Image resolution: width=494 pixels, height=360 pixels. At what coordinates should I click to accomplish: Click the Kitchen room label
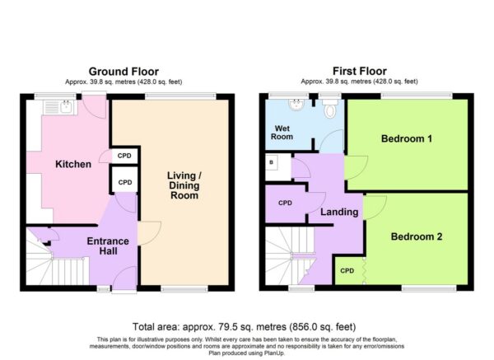click(73, 164)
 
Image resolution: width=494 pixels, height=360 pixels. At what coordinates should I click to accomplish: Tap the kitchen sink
click(60, 107)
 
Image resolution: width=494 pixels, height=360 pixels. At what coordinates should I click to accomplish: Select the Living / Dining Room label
click(184, 185)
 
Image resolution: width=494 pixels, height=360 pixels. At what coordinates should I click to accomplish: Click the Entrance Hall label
click(108, 245)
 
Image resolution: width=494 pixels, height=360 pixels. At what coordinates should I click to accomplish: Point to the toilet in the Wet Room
click(330, 108)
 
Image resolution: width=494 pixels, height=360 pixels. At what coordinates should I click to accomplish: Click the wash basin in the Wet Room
click(296, 105)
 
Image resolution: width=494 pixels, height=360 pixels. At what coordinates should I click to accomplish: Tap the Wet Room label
click(282, 133)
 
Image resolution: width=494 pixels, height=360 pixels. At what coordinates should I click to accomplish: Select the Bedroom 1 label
click(407, 138)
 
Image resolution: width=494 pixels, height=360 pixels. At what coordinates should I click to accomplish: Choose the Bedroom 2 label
click(417, 236)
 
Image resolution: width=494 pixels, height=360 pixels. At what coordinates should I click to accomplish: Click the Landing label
click(339, 212)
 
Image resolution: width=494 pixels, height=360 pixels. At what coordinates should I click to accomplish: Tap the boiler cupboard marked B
click(278, 167)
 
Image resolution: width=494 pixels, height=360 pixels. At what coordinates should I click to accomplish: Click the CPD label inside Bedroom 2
click(347, 270)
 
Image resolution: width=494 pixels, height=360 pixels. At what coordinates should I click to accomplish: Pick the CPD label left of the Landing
click(285, 203)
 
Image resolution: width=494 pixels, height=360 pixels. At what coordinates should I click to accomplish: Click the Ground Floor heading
click(123, 71)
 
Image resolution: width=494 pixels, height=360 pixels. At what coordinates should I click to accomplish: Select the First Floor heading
click(360, 71)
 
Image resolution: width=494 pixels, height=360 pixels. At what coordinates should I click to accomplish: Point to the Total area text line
click(245, 326)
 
